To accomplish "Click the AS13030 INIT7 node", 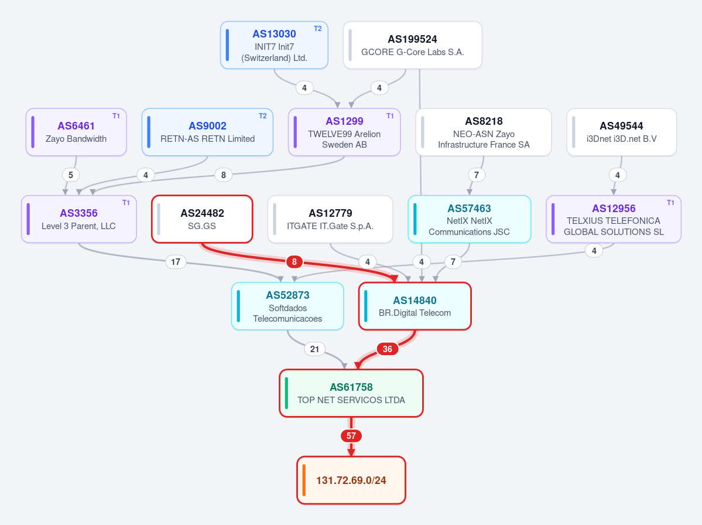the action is pos(274,45).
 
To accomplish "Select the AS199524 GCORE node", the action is pos(412,45).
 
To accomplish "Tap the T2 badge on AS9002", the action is pos(263,116).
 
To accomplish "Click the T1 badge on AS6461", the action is pos(116,116).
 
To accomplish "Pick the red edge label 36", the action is pos(387,349).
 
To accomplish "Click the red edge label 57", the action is pos(351,436).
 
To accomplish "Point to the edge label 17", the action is pos(176,261).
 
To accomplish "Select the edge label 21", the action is pos(315,349).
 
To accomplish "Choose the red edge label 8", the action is pos(294,261).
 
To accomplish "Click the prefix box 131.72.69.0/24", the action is pos(351,480).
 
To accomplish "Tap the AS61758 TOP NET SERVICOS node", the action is pos(351,393).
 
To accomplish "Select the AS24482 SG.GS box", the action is pos(202,219).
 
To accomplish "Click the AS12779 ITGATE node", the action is pos(330,219).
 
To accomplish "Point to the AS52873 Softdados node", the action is pos(287,306).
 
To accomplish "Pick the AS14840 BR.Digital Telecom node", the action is pos(415,306).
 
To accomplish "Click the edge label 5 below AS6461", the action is pos(71,175).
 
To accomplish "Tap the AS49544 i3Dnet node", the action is pos(621,132).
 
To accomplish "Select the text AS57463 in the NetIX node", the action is pos(469,208).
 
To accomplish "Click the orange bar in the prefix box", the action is pos(304,480).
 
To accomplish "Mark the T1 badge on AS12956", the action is pos(670,203).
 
